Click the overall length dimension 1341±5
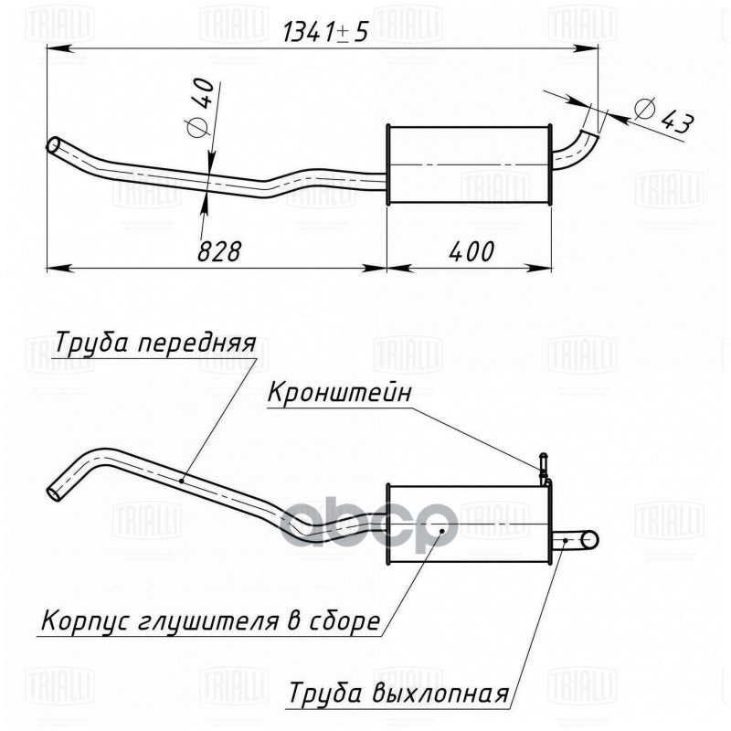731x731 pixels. point(326,32)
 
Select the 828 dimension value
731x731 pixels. point(219,251)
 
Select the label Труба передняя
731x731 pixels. point(154,345)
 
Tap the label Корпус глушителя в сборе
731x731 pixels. point(209,622)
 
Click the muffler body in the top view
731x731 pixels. point(469,164)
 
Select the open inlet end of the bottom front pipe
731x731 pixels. point(57,492)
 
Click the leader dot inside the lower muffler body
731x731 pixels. point(443,529)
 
